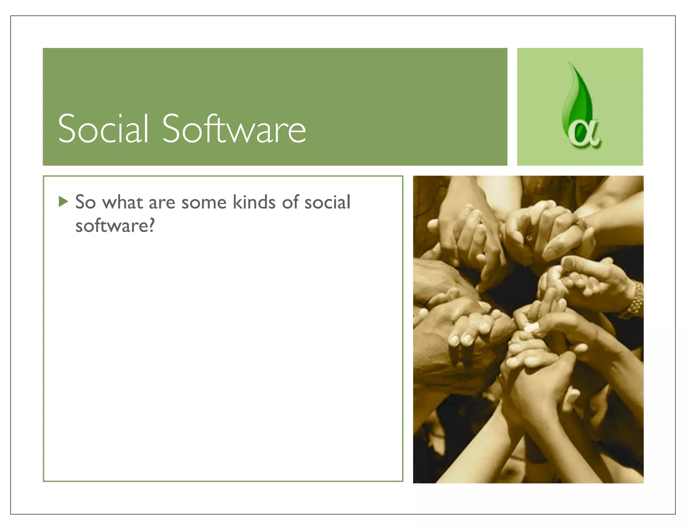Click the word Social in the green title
(x=103, y=128)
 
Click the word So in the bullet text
(x=85, y=202)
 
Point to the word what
(x=123, y=202)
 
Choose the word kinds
(x=254, y=202)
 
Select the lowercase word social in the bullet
(x=327, y=202)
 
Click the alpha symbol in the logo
(x=585, y=134)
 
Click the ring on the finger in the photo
(x=529, y=238)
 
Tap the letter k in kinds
(x=237, y=202)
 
